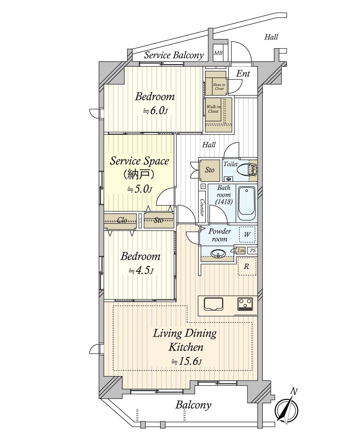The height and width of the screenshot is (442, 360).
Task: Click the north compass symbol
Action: pyautogui.click(x=287, y=407)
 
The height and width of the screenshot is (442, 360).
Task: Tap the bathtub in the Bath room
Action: pyautogui.click(x=246, y=203)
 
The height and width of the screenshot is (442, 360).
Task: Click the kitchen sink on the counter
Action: pyautogui.click(x=214, y=304)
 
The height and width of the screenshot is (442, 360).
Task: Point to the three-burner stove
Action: pyautogui.click(x=245, y=304)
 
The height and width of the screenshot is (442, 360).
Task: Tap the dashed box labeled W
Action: pyautogui.click(x=247, y=234)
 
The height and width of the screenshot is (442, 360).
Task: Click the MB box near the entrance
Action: pyautogui.click(x=218, y=53)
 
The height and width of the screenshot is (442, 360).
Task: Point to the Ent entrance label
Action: pyautogui.click(x=243, y=74)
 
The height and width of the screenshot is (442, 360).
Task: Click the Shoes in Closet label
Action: pyautogui.click(x=219, y=87)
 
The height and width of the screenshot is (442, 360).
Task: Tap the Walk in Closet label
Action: pyautogui.click(x=213, y=109)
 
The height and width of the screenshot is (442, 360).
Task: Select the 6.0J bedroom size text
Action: pyautogui.click(x=155, y=111)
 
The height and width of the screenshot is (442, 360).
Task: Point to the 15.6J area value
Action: pyautogui.click(x=186, y=362)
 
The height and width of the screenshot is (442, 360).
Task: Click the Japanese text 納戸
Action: pyautogui.click(x=140, y=174)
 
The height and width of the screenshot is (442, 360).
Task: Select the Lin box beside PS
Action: pyautogui.click(x=241, y=250)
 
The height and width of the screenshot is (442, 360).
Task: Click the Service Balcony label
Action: pyautogui.click(x=174, y=55)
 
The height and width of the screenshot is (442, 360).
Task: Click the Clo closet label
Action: pyautogui.click(x=122, y=220)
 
